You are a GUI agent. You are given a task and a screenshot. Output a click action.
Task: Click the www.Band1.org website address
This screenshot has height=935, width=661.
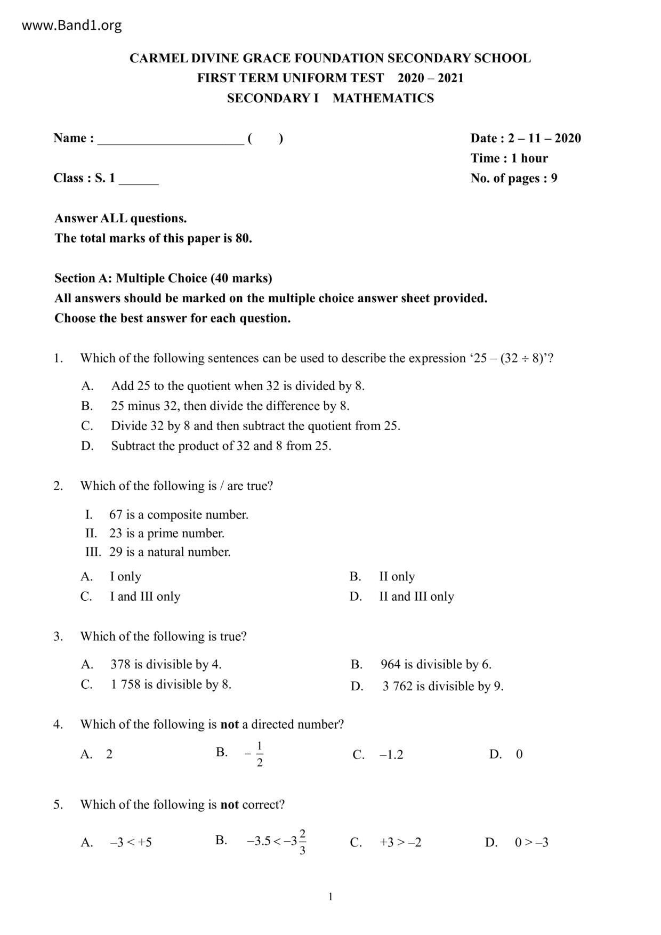[x=71, y=25]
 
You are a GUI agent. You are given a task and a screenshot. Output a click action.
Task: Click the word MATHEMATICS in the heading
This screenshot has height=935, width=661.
[x=383, y=98]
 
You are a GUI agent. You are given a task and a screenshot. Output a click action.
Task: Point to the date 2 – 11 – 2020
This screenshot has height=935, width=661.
[x=544, y=138]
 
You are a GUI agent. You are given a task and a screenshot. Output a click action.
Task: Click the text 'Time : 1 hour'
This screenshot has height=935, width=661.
[x=509, y=158]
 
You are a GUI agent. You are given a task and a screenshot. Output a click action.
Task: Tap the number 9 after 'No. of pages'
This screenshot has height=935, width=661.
[x=554, y=178]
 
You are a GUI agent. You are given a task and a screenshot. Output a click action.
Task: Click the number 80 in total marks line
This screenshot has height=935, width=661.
[x=243, y=238]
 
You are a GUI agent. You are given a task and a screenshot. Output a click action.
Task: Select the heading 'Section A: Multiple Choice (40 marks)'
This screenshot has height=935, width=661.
[x=163, y=278]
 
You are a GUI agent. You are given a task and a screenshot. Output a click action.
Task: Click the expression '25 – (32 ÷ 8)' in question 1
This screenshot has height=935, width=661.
[x=509, y=358]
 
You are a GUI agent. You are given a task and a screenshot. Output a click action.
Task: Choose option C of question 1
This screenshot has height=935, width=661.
[x=255, y=426]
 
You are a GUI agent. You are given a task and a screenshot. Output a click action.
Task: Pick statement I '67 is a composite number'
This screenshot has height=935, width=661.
[x=179, y=515]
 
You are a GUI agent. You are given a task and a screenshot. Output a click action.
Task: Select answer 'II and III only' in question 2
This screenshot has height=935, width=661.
[x=416, y=597]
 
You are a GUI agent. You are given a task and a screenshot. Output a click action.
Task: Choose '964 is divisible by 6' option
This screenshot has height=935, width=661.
[x=436, y=665]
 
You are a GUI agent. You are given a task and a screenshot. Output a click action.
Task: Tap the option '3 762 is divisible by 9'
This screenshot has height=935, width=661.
[x=442, y=686]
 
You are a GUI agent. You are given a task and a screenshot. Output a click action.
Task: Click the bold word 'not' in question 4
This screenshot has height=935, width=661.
[x=229, y=724]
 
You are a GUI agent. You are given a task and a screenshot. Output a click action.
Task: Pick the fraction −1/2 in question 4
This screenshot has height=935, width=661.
[x=256, y=754]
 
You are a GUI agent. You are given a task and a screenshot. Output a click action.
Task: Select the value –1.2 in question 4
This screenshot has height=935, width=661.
[x=391, y=755]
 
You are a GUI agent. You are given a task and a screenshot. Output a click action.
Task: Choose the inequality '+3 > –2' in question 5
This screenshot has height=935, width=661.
[x=400, y=843]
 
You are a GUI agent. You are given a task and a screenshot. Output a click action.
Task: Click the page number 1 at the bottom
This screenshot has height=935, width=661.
[x=330, y=897]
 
